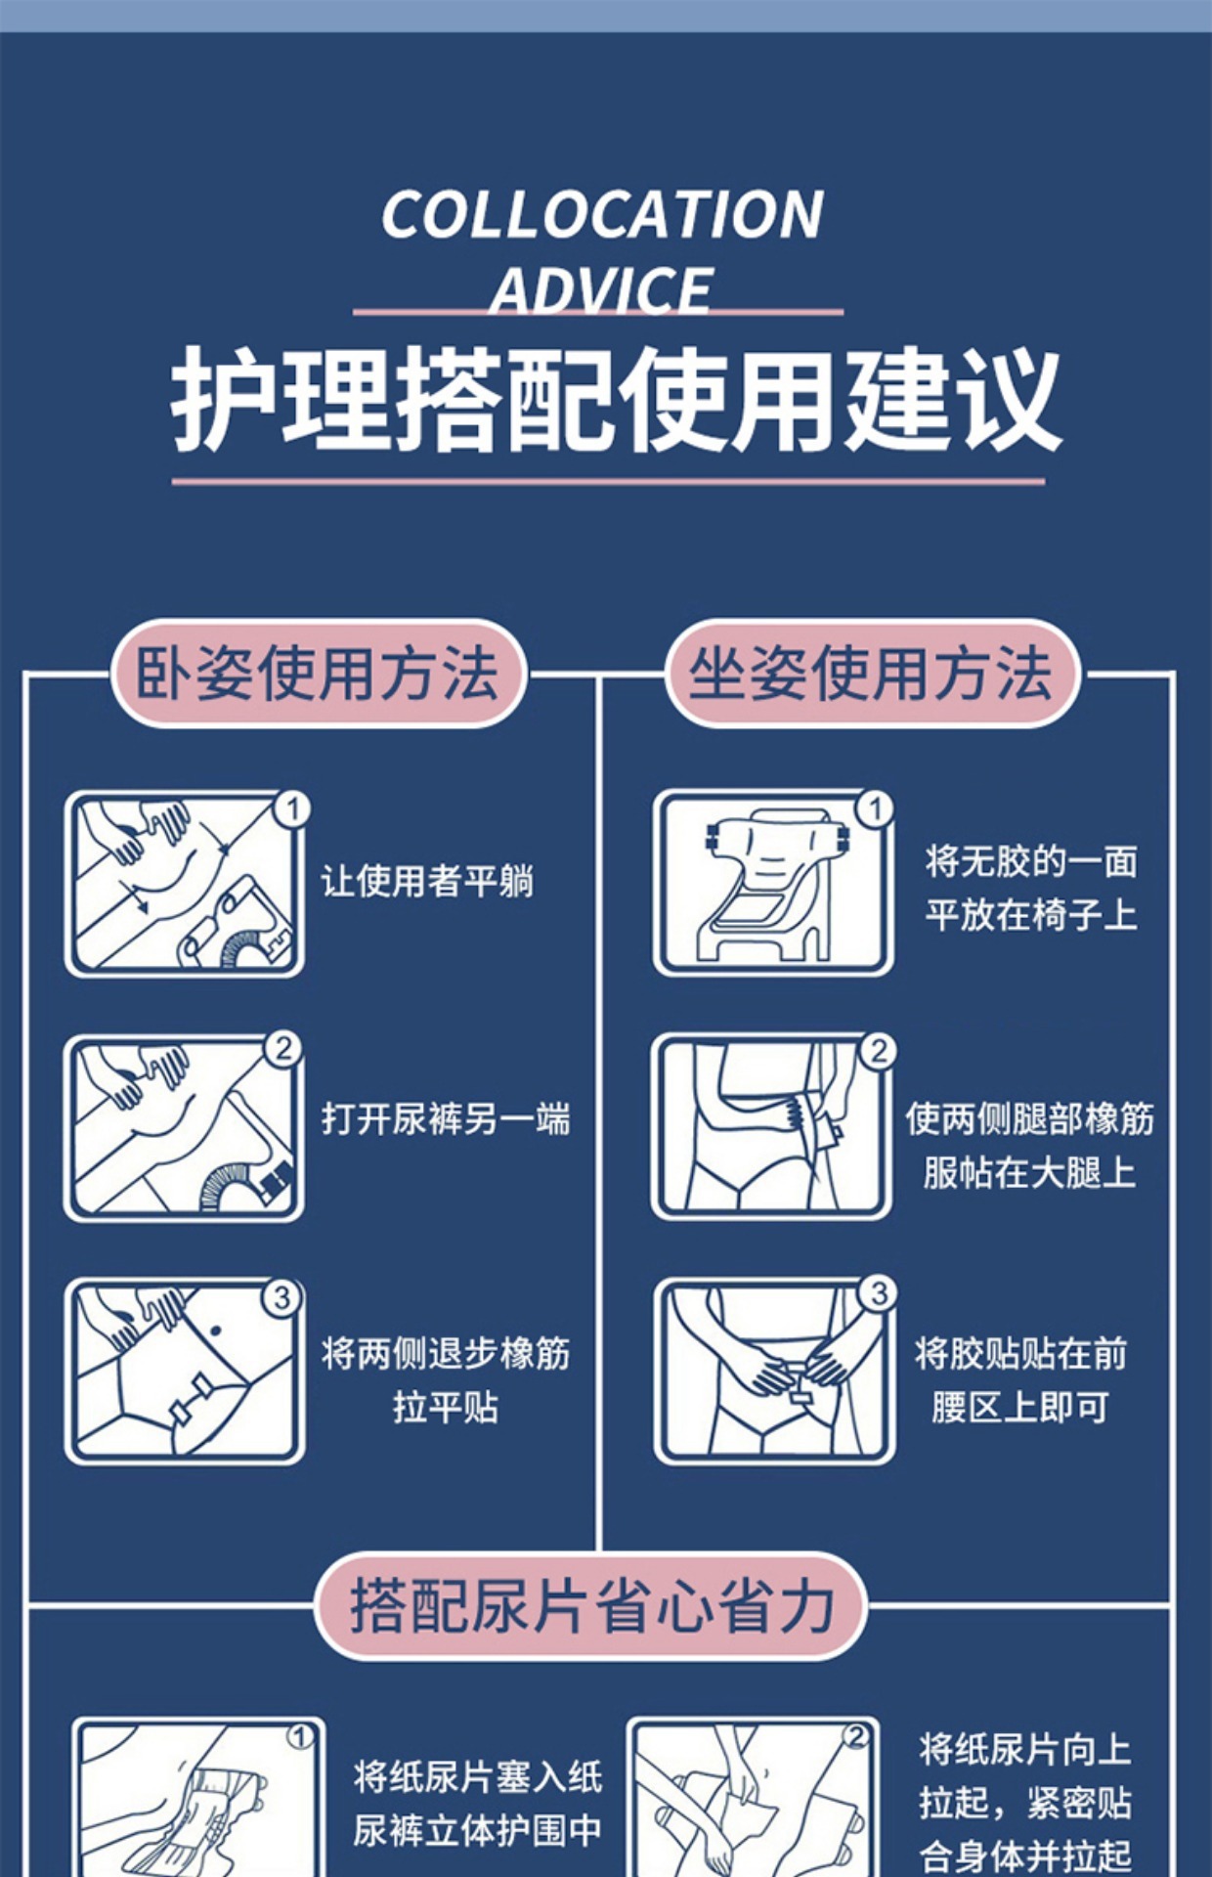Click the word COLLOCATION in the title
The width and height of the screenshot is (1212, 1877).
coord(602,215)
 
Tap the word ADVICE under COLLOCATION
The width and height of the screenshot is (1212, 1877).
coord(602,289)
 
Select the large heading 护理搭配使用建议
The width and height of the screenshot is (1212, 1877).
coord(616,400)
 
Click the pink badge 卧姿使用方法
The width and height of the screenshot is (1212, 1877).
coord(318,674)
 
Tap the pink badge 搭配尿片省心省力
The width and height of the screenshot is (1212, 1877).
coord(591,1606)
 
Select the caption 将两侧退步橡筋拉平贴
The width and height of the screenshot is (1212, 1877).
coord(446,1380)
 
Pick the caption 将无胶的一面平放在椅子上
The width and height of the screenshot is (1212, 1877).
coord(1031,889)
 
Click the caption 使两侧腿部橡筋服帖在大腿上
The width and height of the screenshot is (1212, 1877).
coord(1029,1146)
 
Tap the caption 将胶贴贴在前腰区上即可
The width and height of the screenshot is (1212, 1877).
coord(1020,1380)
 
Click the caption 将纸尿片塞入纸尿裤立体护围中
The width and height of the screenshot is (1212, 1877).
coord(477,1804)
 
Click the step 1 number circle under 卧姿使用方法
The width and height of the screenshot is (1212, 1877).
coord(291,809)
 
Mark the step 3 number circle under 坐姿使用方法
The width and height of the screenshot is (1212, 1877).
coord(878,1293)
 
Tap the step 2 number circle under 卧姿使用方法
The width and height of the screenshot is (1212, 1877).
coord(283,1049)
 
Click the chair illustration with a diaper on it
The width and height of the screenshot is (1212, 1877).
coord(772,883)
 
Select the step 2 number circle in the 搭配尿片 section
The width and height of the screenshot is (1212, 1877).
coord(856,1736)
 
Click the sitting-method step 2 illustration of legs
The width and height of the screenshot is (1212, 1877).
coord(771,1126)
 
